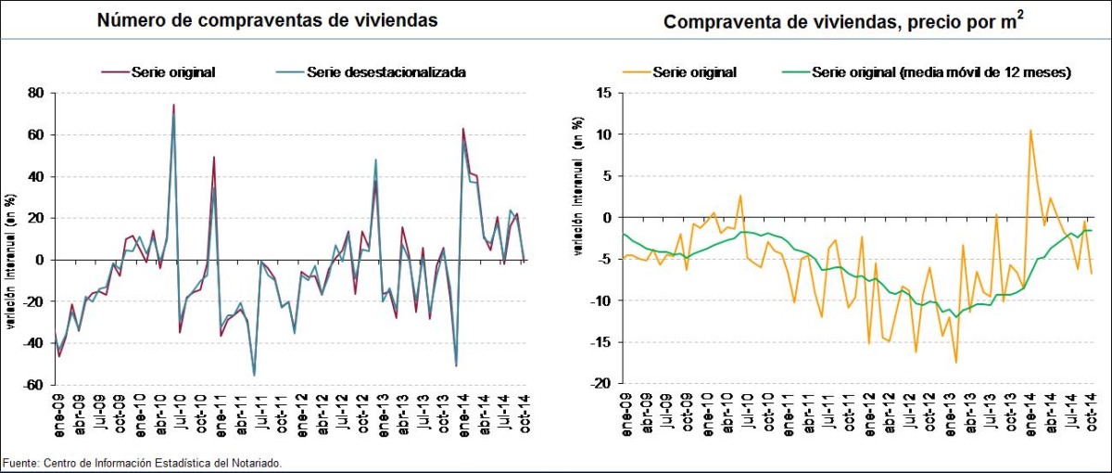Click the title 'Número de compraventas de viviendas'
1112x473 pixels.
click(x=268, y=19)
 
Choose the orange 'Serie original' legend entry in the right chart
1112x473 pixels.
click(x=694, y=71)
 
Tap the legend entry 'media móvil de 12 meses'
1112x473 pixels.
click(x=941, y=71)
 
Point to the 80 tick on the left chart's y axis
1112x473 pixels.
click(x=37, y=93)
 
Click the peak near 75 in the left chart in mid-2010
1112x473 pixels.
click(x=173, y=105)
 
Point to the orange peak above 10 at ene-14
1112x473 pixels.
click(x=1030, y=131)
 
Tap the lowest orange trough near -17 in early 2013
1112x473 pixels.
click(x=955, y=362)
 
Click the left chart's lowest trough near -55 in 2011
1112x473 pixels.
click(x=254, y=375)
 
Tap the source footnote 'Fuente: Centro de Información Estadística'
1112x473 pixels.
click(x=141, y=462)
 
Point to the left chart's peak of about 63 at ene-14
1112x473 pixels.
click(x=462, y=129)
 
